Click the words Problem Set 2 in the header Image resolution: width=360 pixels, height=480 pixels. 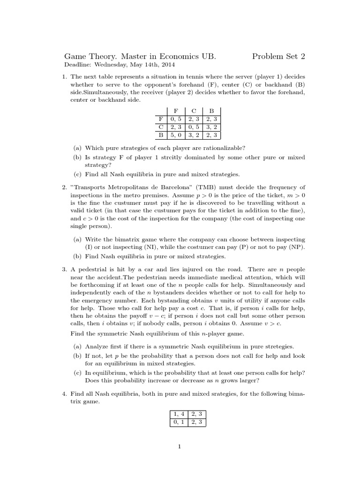click(x=278, y=57)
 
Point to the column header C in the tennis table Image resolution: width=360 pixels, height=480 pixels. click(x=194, y=112)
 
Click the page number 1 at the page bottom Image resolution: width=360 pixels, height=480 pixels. click(x=180, y=447)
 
